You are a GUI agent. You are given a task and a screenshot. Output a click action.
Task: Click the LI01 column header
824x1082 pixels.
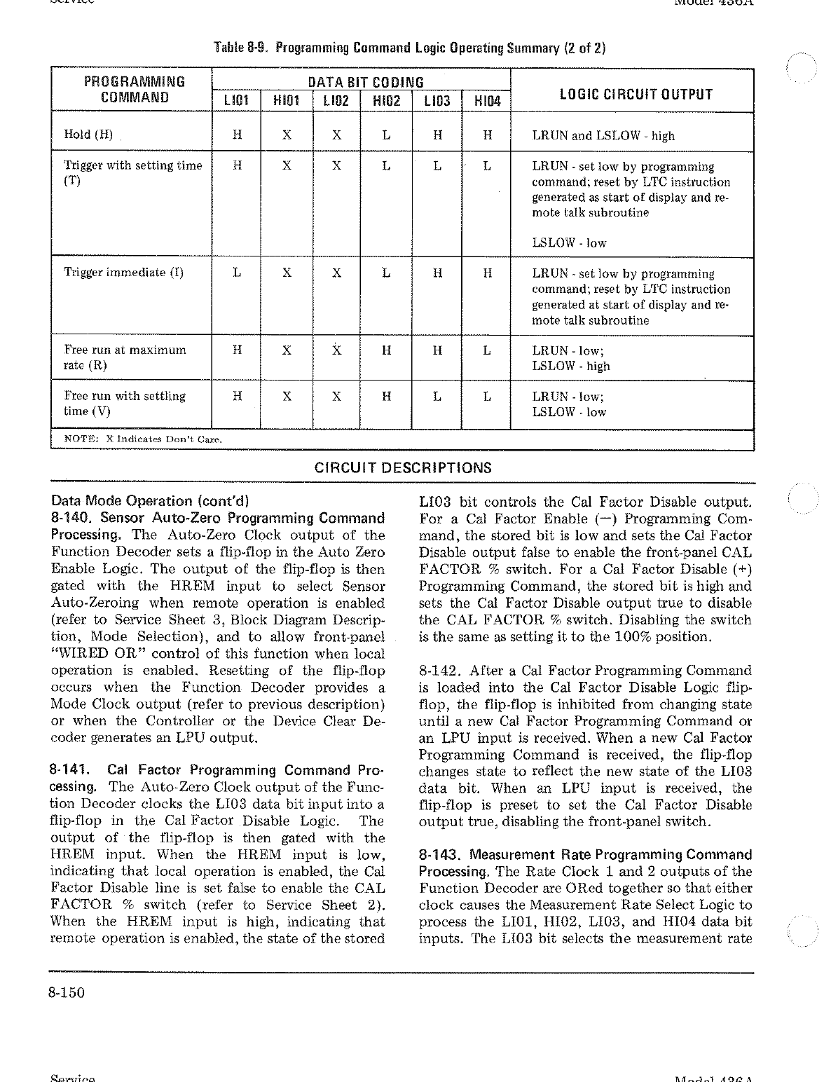[x=237, y=101]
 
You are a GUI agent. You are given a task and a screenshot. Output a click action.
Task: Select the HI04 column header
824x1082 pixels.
[x=488, y=101]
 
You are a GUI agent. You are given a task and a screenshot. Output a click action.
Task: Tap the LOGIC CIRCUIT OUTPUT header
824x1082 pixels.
[x=632, y=94]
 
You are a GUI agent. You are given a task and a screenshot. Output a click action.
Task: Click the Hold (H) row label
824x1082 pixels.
[x=88, y=135]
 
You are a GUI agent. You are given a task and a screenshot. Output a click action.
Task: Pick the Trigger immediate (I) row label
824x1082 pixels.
[x=124, y=273]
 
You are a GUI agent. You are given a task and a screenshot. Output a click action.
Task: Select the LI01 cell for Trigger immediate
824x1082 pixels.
[x=237, y=273]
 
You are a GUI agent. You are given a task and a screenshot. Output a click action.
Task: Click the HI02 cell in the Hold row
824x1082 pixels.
[x=386, y=135]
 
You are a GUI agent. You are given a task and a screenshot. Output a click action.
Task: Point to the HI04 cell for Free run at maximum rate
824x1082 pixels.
[x=487, y=350]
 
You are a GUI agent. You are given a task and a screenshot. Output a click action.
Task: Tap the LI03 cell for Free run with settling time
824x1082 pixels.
[x=437, y=396]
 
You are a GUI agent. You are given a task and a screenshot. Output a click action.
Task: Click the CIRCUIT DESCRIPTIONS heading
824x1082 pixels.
[x=403, y=468]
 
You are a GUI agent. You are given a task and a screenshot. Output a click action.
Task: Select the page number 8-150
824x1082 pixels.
[x=67, y=993]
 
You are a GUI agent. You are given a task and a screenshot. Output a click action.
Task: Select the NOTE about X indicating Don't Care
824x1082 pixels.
[x=143, y=439]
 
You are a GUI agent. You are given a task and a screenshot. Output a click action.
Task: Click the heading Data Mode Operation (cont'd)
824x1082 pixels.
[x=150, y=501]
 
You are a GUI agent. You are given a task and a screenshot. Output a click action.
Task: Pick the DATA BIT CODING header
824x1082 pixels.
[x=360, y=82]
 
